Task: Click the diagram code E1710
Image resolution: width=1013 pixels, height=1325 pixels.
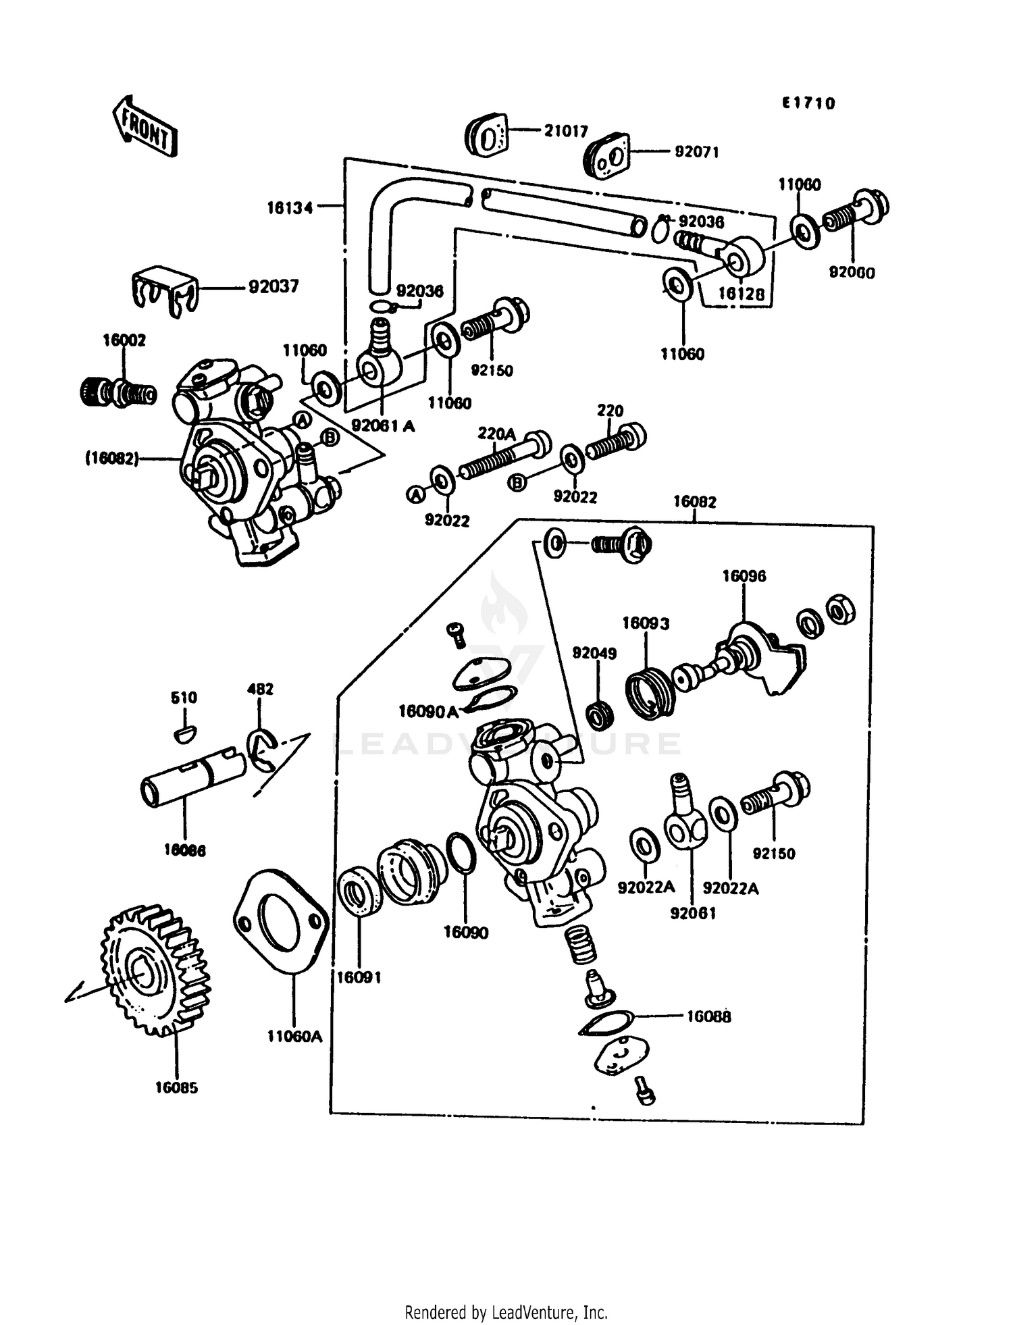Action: click(x=808, y=103)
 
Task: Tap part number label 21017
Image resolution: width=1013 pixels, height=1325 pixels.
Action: click(x=566, y=131)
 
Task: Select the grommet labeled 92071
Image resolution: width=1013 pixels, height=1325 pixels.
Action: click(x=606, y=157)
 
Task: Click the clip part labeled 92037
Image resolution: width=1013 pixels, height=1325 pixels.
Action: click(x=164, y=289)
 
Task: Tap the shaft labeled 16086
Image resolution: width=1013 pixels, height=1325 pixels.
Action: click(x=192, y=777)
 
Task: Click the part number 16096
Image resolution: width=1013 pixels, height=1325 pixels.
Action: click(x=744, y=576)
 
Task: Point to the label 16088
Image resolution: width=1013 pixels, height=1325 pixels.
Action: click(x=708, y=1016)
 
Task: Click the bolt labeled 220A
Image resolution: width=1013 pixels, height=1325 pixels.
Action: click(x=502, y=456)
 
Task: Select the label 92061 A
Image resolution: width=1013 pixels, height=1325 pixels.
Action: click(x=383, y=426)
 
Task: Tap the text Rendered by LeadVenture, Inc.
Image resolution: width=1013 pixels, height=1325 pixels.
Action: click(x=506, y=1312)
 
